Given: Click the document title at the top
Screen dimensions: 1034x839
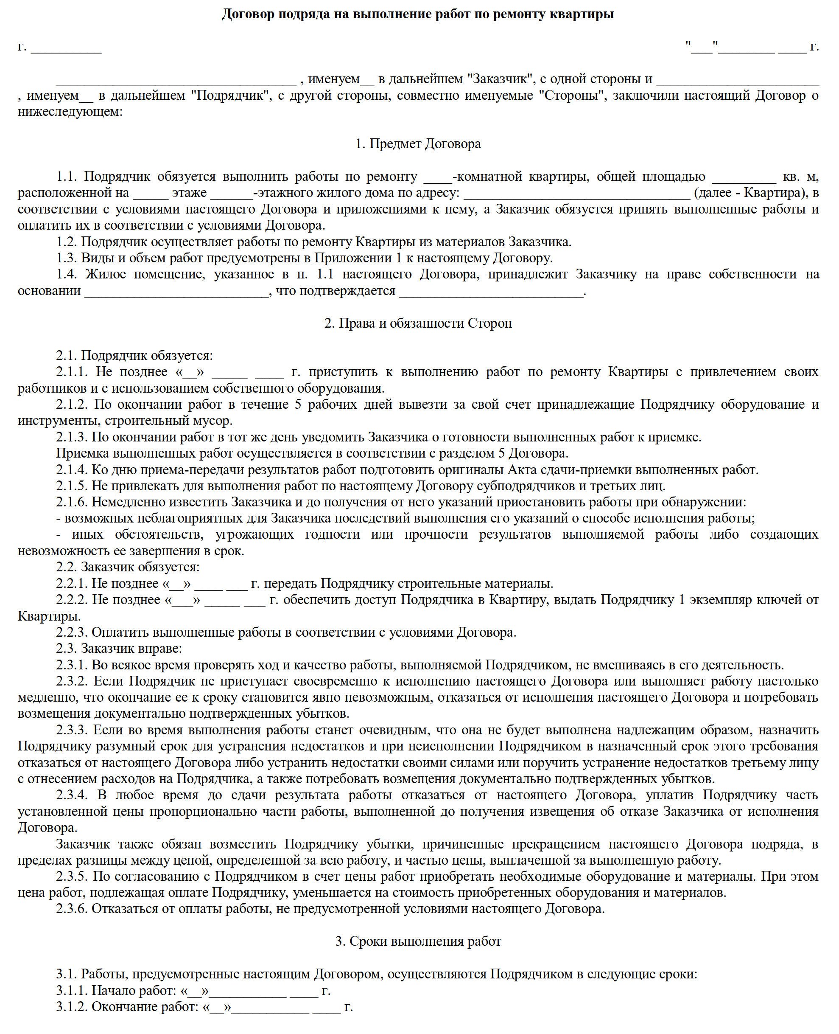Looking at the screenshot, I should [x=417, y=14].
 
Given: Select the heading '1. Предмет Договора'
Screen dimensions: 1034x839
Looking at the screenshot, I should [x=418, y=143].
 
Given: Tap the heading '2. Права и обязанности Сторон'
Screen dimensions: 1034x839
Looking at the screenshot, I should [x=418, y=323].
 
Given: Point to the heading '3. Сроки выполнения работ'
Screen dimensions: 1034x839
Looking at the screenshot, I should [x=418, y=941].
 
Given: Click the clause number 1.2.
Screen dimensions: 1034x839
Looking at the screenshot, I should [x=67, y=242].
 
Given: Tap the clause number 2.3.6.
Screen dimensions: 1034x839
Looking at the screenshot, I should [x=72, y=908].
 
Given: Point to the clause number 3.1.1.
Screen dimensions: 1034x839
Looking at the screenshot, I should [x=72, y=990].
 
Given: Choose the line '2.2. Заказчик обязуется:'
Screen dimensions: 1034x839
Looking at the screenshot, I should [x=128, y=567].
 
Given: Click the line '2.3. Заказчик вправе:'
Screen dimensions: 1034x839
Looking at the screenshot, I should [x=119, y=648].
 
